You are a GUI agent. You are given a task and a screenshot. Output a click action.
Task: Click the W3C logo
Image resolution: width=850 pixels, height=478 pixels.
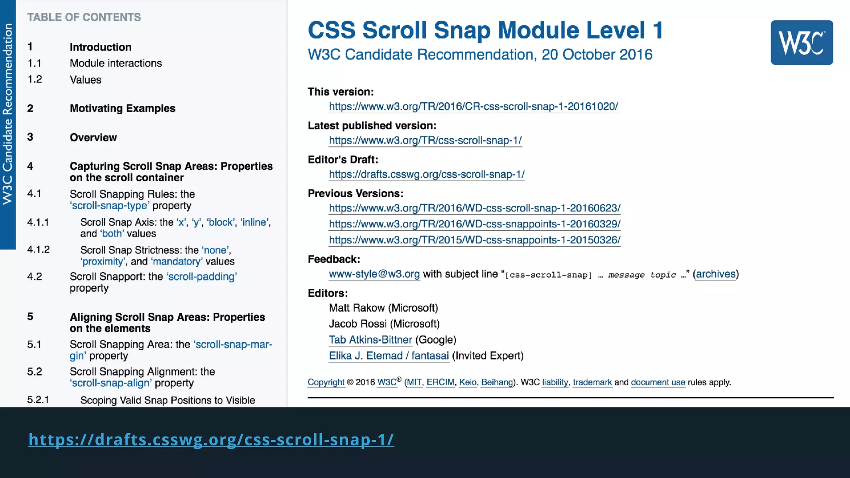pos(801,42)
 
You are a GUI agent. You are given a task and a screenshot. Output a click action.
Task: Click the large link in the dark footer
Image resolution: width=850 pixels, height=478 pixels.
pos(211,439)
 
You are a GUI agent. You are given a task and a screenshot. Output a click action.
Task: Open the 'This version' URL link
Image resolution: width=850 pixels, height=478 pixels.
pos(473,107)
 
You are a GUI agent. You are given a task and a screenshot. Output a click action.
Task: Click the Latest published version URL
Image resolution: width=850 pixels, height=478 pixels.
pos(425,141)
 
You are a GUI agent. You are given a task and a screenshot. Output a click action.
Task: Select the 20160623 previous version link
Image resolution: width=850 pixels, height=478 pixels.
pos(474,208)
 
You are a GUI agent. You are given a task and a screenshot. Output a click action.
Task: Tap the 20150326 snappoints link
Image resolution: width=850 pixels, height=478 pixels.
pos(474,240)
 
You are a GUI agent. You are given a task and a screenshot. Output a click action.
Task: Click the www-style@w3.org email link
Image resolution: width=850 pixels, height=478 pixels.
pos(374,274)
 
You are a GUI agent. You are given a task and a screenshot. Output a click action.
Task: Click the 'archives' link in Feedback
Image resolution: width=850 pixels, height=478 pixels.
pos(716,274)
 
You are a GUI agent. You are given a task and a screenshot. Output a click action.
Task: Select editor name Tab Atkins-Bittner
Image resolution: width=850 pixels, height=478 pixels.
pos(370,340)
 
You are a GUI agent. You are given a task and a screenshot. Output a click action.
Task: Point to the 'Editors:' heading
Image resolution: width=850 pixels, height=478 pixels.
pos(327,293)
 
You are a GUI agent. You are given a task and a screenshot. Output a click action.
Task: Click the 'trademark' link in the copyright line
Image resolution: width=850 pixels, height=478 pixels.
pos(592,382)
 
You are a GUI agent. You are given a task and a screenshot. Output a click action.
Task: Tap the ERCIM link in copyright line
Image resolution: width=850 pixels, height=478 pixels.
pos(440,382)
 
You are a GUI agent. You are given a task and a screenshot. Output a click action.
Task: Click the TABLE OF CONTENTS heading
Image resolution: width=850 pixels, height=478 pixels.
pos(84,17)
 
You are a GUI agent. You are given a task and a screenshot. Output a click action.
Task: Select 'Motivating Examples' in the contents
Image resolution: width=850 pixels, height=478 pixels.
pos(122,108)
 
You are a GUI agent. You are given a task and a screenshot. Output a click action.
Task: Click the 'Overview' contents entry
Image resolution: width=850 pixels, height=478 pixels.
pos(93,137)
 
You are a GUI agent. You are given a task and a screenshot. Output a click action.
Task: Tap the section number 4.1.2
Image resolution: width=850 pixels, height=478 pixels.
pos(38,250)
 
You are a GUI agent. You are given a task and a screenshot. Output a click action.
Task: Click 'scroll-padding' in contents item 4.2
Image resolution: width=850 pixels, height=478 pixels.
pos(202,277)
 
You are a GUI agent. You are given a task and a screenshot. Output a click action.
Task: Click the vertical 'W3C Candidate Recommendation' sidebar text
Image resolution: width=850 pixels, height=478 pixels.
pos(7,114)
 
